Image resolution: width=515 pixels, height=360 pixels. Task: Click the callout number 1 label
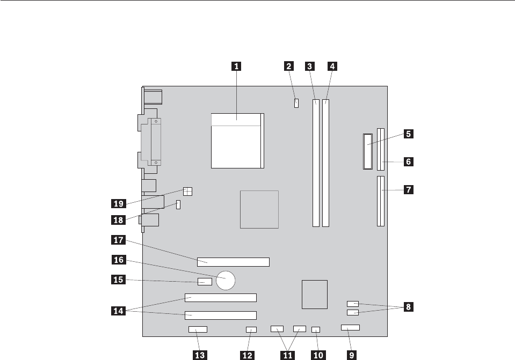[x=236, y=67]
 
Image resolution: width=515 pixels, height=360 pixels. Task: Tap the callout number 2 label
[x=289, y=67]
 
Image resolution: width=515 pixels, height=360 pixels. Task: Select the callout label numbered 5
[x=409, y=135]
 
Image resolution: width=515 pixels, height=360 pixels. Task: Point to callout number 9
[x=352, y=354]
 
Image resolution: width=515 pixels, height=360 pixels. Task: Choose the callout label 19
[x=118, y=203]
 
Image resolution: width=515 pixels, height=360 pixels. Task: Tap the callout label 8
[x=409, y=307]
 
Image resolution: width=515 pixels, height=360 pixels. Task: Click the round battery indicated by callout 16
[x=227, y=278]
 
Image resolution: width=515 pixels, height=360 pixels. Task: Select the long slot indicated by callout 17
[x=234, y=262]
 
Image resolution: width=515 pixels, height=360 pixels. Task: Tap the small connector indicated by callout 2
[x=296, y=102]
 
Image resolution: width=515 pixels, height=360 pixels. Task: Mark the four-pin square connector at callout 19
[x=187, y=190]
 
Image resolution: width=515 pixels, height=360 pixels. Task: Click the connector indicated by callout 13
[x=198, y=329]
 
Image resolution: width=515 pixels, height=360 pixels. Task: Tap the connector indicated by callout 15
[x=204, y=282]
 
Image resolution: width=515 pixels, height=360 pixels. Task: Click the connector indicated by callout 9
[x=350, y=327]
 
